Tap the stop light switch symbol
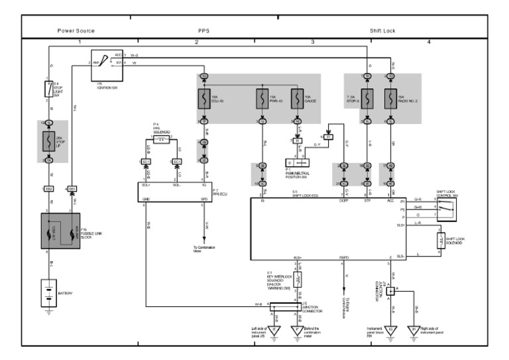[x=48, y=88]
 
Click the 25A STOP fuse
[x=48, y=141]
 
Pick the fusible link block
[x=60, y=231]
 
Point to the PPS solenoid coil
[x=162, y=140]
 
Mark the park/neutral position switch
[x=298, y=162]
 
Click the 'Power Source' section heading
[x=76, y=30]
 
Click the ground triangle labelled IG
[x=392, y=329]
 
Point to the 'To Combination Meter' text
[x=203, y=249]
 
